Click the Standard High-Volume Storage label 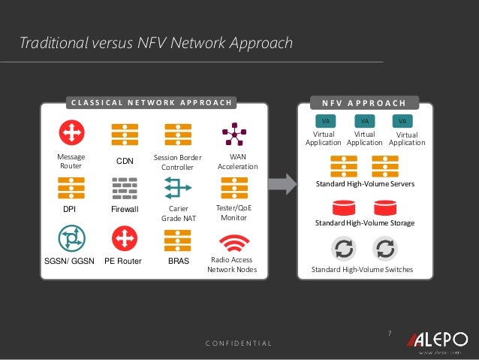pyautogui.click(x=364, y=223)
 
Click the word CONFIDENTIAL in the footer pyautogui.click(x=239, y=343)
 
